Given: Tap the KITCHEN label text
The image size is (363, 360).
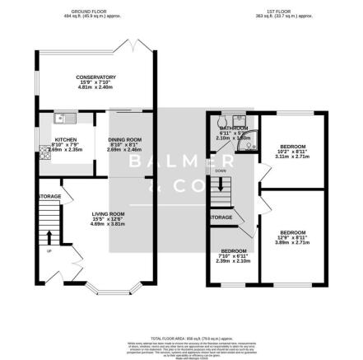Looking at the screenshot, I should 65,140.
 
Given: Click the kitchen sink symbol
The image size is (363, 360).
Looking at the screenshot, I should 61,120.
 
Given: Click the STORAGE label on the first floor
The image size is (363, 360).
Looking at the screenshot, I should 221,217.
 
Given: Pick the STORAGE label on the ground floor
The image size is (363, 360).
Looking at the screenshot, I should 49,196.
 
